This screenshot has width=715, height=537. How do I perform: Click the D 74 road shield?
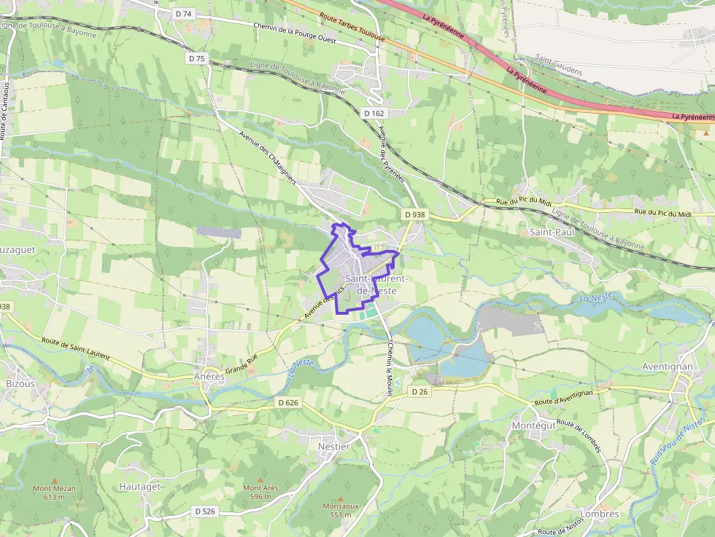click(x=183, y=13)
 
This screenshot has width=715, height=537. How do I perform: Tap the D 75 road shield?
click(x=196, y=58)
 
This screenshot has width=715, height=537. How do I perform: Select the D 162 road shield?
click(x=374, y=113)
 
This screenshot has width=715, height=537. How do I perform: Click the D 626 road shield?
click(x=288, y=402)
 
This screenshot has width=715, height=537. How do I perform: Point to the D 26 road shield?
click(x=418, y=391)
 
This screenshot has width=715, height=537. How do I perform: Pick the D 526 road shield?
click(x=205, y=511)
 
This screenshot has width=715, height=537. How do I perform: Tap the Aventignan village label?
click(x=666, y=367)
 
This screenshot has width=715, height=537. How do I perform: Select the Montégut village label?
click(x=533, y=426)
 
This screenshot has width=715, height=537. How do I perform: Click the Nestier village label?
click(x=334, y=446)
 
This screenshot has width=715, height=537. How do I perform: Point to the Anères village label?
click(x=209, y=377)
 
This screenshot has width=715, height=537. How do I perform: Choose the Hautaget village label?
click(x=139, y=486)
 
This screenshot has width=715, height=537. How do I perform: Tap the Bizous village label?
click(x=20, y=383)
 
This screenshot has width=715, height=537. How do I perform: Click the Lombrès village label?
click(x=600, y=514)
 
